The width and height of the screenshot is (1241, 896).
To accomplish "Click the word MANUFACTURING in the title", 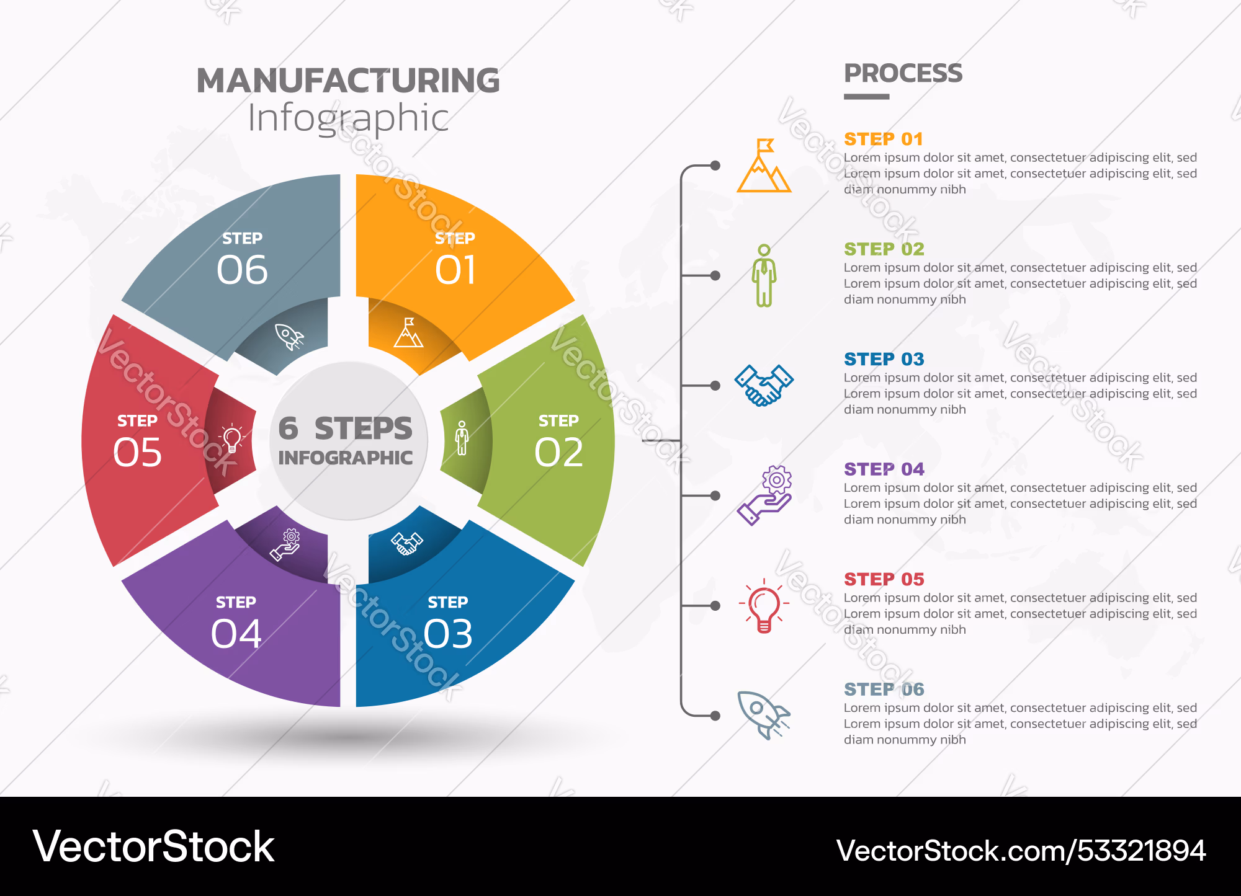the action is (x=348, y=81).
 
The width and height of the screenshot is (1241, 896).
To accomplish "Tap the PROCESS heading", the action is (x=903, y=73).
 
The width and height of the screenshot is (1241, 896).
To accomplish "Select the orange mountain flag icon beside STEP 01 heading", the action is (x=764, y=166).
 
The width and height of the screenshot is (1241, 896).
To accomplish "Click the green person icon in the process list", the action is (x=764, y=275).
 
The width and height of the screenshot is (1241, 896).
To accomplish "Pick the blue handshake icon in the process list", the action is (x=764, y=385).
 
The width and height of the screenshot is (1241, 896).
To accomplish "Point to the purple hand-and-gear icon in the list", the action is (x=764, y=495).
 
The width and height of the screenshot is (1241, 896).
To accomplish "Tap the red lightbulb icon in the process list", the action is (x=764, y=606).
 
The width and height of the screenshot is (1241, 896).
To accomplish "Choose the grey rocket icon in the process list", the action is (x=763, y=715).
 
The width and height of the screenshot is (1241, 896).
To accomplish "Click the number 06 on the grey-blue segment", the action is (x=242, y=270).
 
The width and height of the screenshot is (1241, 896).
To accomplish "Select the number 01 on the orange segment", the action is (x=455, y=270).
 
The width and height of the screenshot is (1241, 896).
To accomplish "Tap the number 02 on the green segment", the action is (x=558, y=452).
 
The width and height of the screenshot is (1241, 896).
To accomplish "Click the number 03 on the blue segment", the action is (x=448, y=634).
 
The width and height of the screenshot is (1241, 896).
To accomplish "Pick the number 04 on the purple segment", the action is (x=236, y=634).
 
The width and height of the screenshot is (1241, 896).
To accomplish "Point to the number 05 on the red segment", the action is (x=137, y=452).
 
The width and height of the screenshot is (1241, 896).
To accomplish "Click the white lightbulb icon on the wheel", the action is (x=232, y=438).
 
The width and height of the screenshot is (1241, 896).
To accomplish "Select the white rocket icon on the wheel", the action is (x=289, y=337).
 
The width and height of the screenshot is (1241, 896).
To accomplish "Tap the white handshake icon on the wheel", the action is (x=407, y=543).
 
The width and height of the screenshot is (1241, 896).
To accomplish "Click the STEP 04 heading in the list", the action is (x=884, y=469).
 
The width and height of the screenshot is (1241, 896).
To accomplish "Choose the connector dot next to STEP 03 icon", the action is (x=715, y=386).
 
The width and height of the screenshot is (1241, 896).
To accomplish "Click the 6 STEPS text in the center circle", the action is (x=345, y=428).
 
